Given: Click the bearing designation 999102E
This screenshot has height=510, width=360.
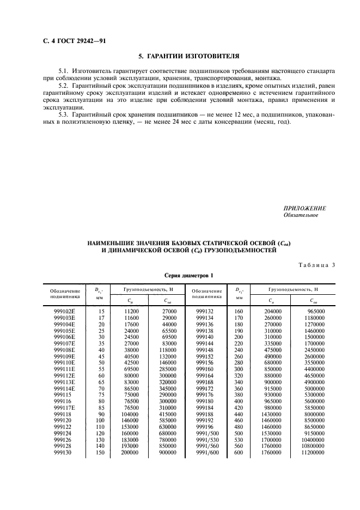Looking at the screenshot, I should (x=65, y=309).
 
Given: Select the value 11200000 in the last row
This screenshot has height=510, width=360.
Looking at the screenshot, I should (x=314, y=452).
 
